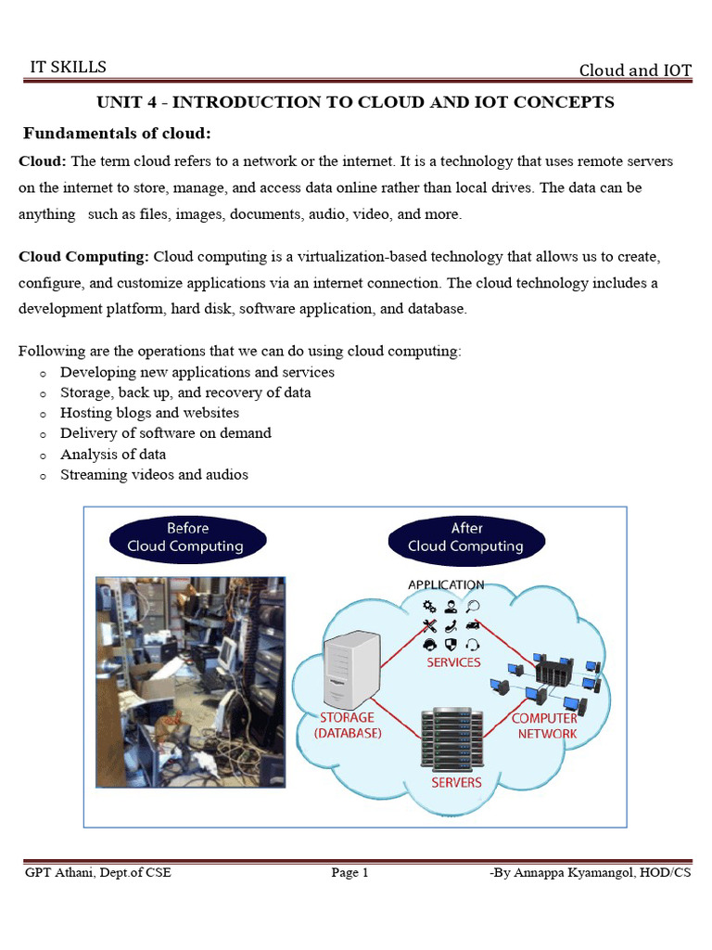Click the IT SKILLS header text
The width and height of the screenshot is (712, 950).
point(68,67)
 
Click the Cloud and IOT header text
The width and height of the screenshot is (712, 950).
point(635,71)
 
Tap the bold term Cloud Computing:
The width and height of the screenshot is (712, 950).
point(83,256)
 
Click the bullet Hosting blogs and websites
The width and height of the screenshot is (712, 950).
point(149,413)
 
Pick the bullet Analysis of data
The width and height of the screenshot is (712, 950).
point(113,454)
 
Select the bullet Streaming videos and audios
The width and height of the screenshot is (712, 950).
point(154,474)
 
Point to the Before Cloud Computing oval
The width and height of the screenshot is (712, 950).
point(188,537)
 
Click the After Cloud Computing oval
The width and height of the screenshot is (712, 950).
point(466,537)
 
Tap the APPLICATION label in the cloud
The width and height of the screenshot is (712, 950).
point(446,584)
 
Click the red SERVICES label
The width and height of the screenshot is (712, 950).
point(453,662)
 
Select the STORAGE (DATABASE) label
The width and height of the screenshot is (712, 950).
point(348,725)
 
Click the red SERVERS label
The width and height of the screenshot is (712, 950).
point(456,782)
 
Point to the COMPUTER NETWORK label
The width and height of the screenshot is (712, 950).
point(545,725)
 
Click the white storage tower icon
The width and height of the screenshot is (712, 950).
point(350,668)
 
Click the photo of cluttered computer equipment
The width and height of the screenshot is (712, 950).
point(191,682)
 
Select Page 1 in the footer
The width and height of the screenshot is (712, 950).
point(350,872)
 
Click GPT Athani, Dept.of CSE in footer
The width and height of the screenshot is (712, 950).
point(97,872)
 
